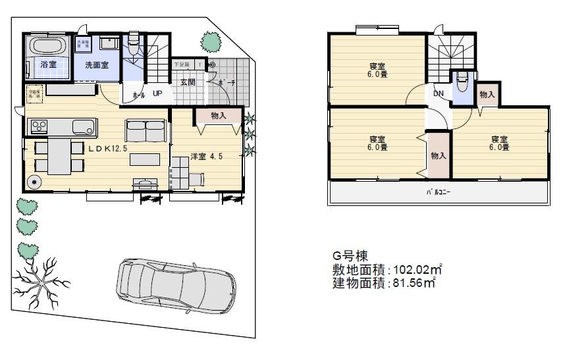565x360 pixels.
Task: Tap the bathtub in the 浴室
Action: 46,47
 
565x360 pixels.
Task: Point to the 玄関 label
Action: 188,82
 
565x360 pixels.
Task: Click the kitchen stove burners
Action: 37,126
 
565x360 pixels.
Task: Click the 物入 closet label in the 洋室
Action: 219,116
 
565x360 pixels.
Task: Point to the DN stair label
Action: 439,93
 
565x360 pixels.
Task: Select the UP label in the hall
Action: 157,93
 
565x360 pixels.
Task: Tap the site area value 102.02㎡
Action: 416,269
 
